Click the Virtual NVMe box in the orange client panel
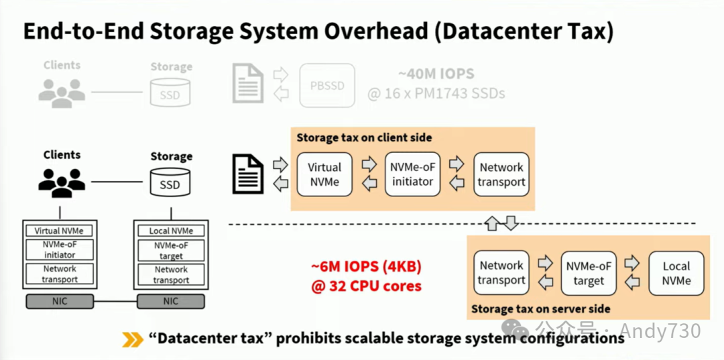click(324, 174)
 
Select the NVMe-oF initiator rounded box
click(413, 174)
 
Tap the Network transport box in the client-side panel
click(501, 174)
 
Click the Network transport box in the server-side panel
click(501, 273)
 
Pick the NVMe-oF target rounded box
click(589, 273)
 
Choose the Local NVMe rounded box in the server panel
click(676, 273)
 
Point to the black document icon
click(247, 174)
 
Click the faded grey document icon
click(247, 84)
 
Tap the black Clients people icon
click(62, 182)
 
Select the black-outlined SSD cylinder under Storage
click(170, 182)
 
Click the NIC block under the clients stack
click(60, 302)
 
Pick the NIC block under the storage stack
click(170, 302)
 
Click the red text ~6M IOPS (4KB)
click(366, 267)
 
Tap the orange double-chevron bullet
click(132, 339)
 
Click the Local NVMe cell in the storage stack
click(171, 231)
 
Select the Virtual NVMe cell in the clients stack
click(60, 231)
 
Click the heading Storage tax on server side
click(541, 309)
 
